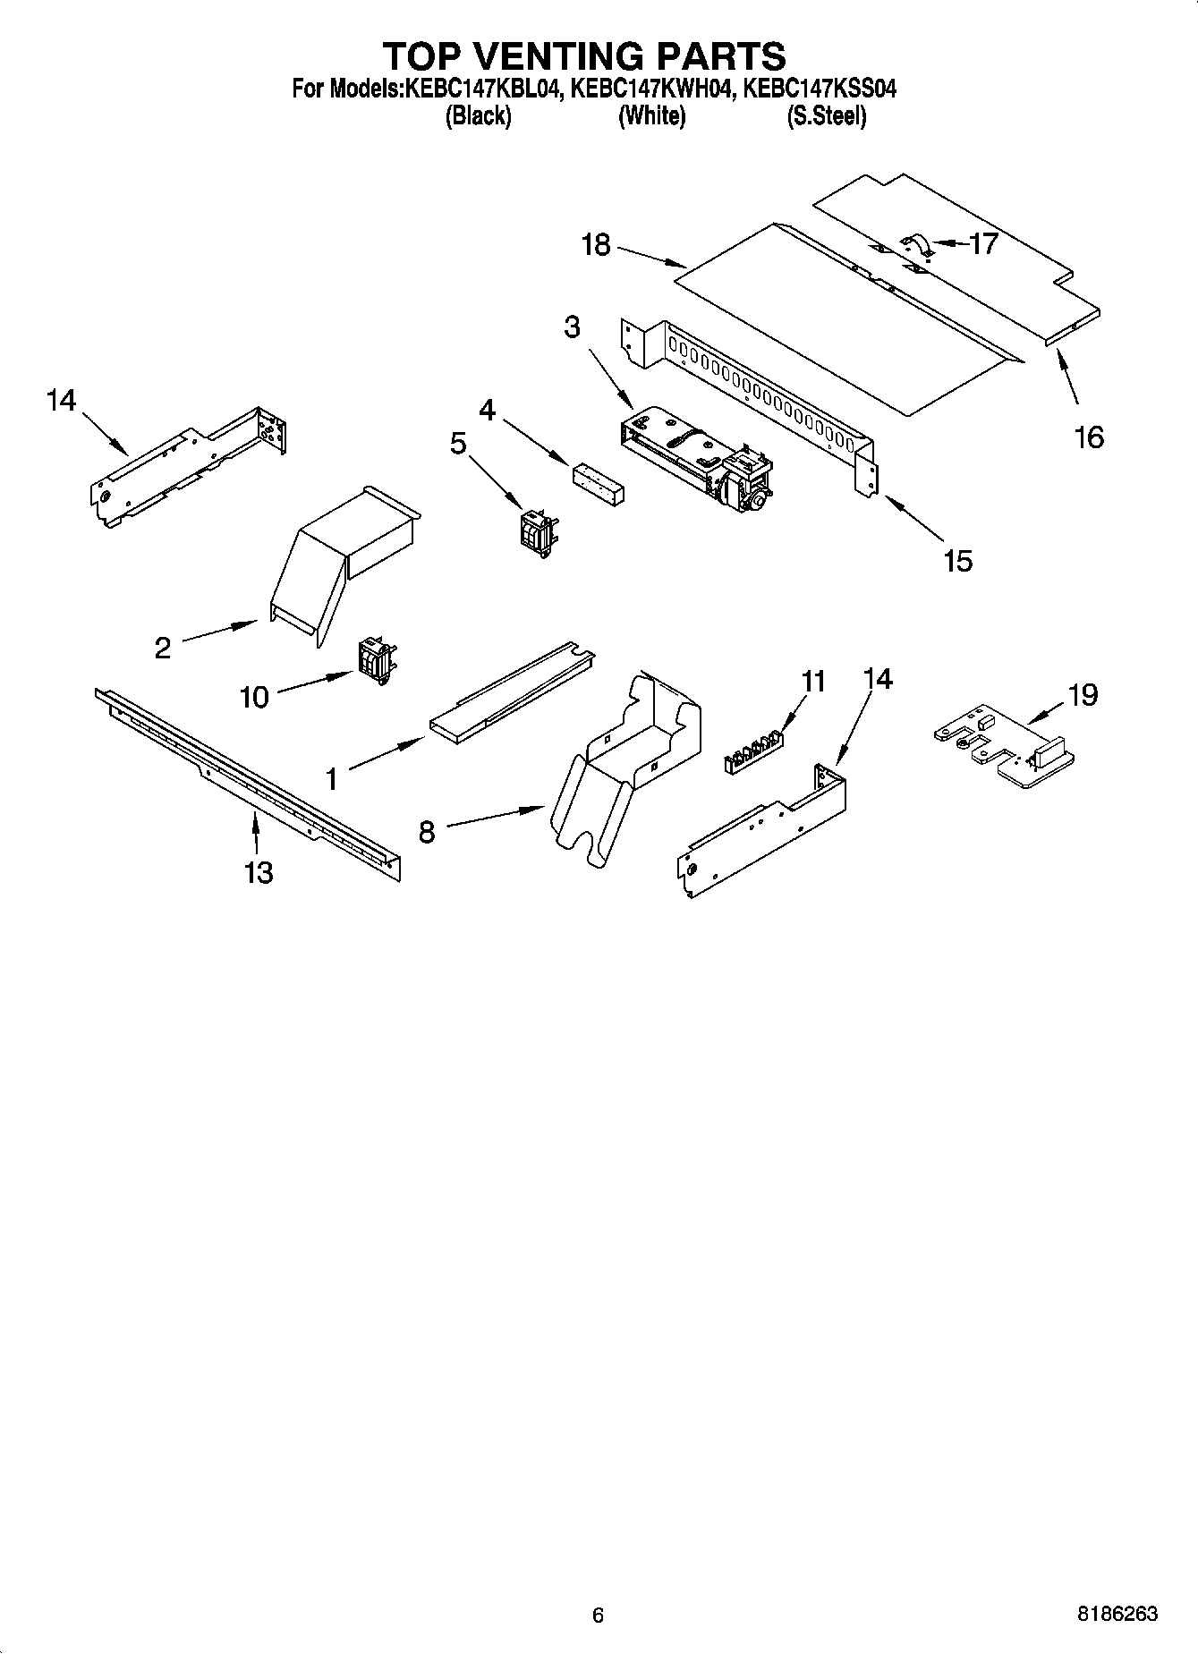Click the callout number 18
tap(596, 244)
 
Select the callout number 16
tap(1088, 437)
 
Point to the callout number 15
tap(956, 561)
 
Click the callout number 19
tap(1083, 694)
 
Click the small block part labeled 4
tap(599, 481)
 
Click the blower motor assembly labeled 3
tap(698, 462)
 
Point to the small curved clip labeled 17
tap(915, 243)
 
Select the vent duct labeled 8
tap(626, 760)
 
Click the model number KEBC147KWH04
tap(652, 89)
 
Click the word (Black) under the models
tap(478, 116)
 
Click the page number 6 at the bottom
tap(598, 1615)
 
